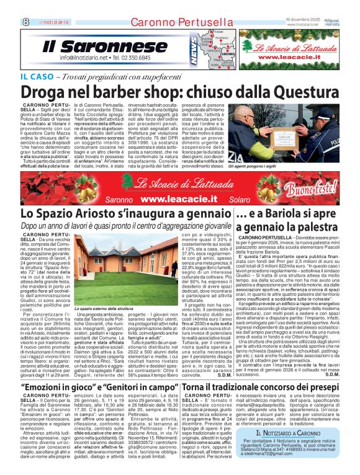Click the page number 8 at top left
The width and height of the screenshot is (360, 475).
tap(9, 6)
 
